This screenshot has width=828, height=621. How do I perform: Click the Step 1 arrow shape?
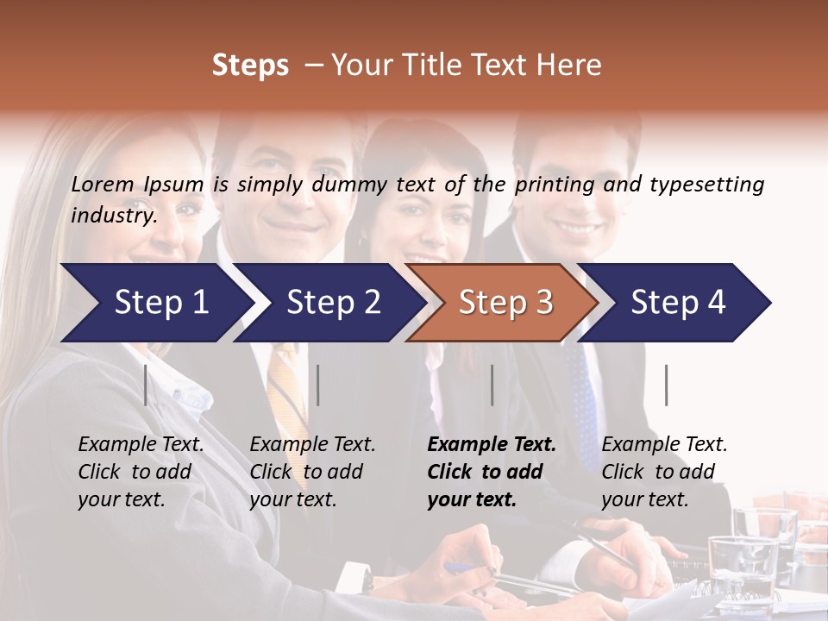tap(155, 303)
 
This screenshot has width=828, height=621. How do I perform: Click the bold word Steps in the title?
tap(250, 66)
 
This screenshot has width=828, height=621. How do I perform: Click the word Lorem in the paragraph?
tap(102, 184)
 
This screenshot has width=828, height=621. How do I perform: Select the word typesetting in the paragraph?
tap(706, 185)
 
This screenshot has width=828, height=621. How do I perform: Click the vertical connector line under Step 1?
tap(146, 385)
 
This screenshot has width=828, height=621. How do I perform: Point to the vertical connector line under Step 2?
tap(318, 385)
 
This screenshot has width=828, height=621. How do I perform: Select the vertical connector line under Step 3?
tap(492, 385)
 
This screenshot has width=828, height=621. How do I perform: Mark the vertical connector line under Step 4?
tap(666, 385)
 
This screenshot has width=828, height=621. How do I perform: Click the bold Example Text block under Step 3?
tap(492, 472)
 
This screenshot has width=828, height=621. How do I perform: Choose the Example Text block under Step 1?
tap(141, 472)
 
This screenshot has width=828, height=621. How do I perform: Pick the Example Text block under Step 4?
tap(664, 472)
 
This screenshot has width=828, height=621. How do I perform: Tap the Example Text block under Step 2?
tap(312, 472)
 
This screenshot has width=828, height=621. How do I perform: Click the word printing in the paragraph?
tap(552, 185)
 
